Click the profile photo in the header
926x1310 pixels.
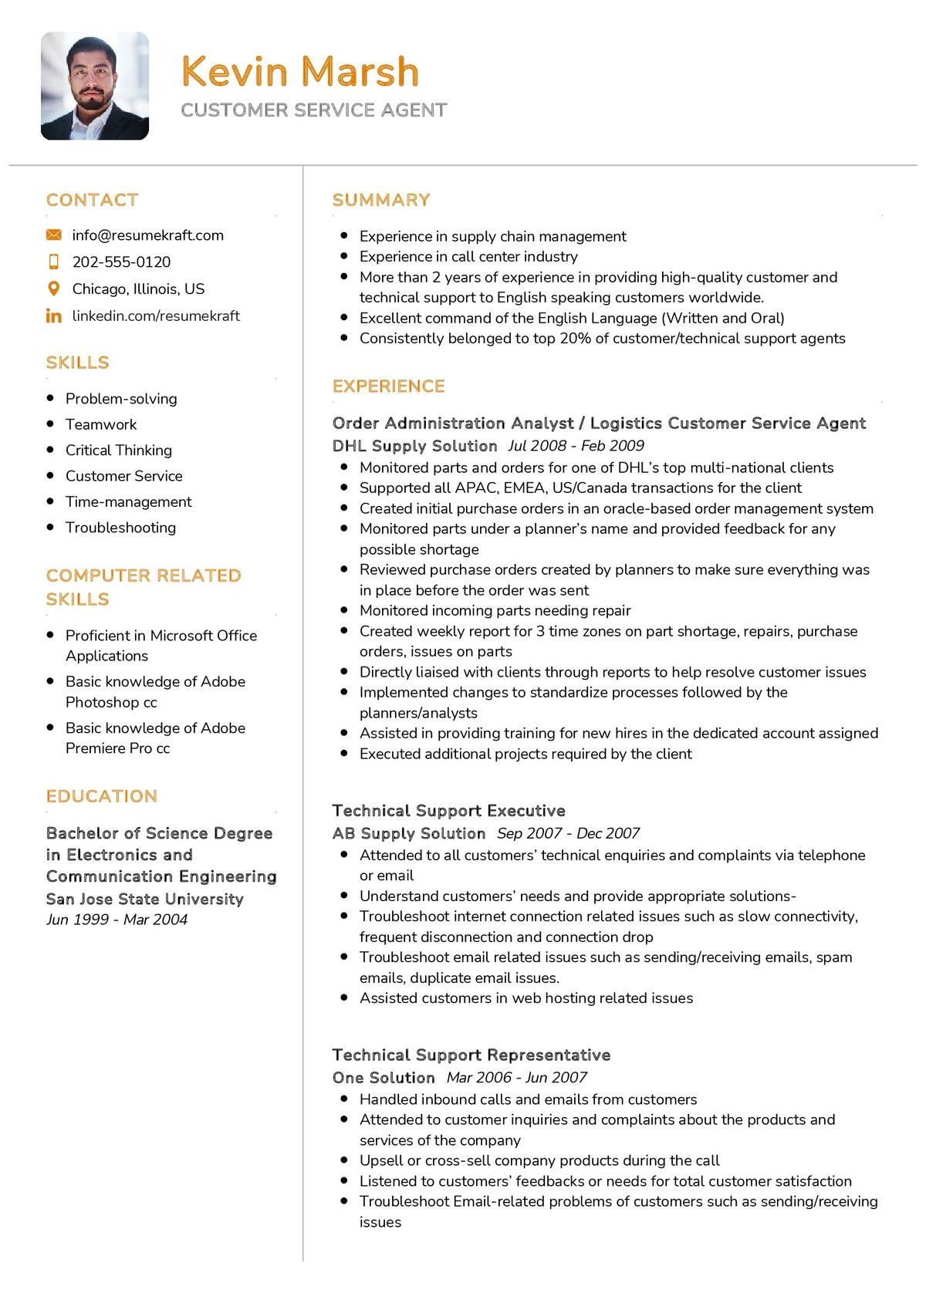point(94,86)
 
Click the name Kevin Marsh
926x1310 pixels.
point(299,71)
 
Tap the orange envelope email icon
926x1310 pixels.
point(53,235)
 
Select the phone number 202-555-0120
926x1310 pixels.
point(121,262)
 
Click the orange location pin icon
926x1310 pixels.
point(53,289)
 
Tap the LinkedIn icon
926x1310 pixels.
point(53,316)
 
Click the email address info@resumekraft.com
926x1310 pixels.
point(147,235)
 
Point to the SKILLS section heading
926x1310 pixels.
point(77,363)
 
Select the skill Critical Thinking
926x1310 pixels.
point(118,451)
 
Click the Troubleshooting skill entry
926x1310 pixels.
point(120,528)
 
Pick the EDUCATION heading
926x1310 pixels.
point(101,796)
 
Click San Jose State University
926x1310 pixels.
point(144,899)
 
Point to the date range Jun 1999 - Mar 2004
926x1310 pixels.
point(117,920)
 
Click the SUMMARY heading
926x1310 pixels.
point(380,200)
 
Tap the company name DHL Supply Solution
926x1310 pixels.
point(414,446)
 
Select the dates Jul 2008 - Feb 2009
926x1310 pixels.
point(576,446)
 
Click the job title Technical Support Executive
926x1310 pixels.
point(448,811)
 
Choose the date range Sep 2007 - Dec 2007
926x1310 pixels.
point(568,833)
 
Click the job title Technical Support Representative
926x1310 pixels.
point(471,1055)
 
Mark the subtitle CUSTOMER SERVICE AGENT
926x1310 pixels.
point(313,110)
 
